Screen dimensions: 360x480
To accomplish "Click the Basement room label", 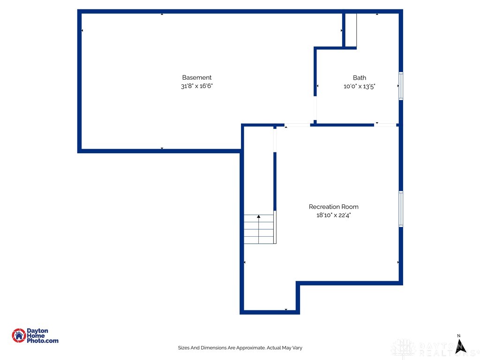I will (197, 78).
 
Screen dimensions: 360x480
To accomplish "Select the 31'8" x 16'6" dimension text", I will (197, 86).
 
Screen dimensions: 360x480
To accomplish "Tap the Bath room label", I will (360, 78).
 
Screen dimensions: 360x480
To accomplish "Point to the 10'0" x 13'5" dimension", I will (360, 86).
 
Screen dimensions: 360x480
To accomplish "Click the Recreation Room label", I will (333, 207).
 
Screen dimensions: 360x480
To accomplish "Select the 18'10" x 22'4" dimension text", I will (333, 215).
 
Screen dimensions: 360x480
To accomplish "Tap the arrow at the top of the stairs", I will (259, 217).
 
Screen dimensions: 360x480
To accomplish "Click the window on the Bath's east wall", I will (401, 86).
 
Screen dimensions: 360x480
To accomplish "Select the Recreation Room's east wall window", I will (401, 209).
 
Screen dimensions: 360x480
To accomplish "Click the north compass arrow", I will (461, 346).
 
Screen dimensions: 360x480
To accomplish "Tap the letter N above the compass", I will (459, 336).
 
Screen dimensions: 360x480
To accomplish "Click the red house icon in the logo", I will (19, 336).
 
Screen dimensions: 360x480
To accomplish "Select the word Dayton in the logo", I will (37, 331).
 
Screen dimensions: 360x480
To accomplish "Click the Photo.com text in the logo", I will (43, 341).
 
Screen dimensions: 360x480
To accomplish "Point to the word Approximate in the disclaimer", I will (249, 348).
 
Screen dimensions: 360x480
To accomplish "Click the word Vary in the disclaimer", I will (297, 348).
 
